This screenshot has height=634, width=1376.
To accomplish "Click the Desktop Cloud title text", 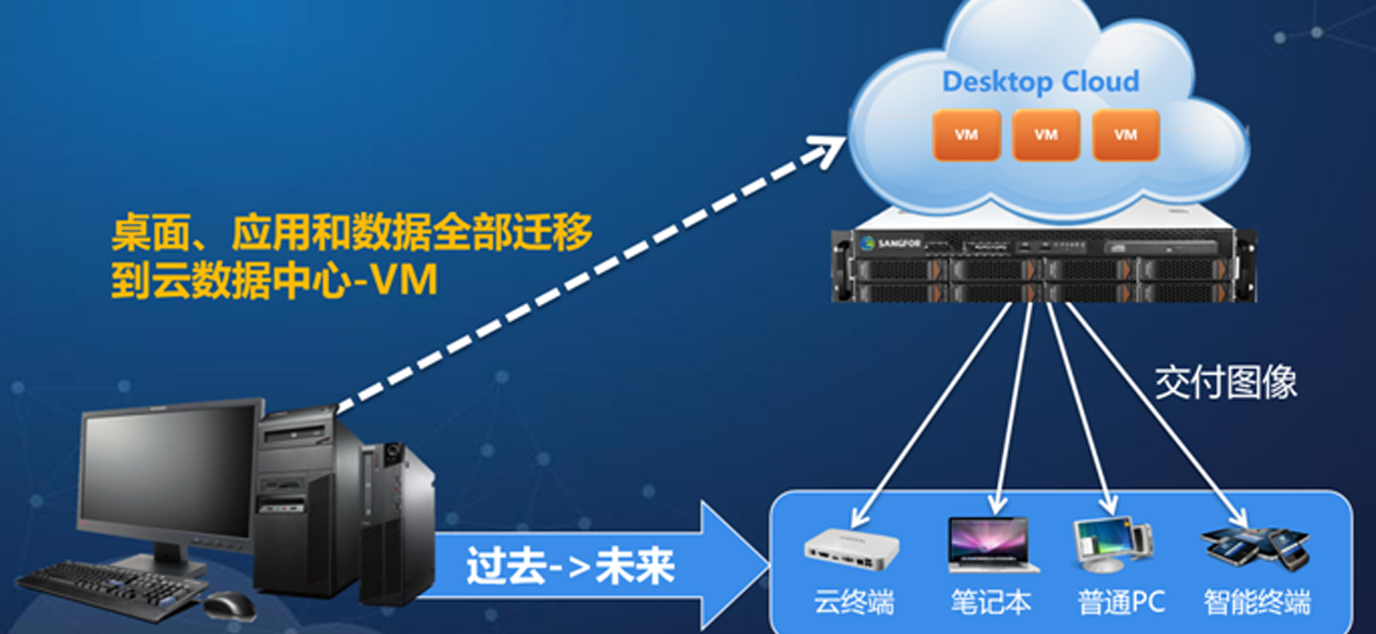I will tap(1040, 81).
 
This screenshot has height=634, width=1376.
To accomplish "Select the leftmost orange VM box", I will tap(966, 135).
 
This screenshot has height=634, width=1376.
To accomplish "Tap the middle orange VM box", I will tap(1046, 135).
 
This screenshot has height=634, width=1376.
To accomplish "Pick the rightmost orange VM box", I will tap(1125, 135).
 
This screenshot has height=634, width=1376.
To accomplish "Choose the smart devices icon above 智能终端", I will tap(1256, 546).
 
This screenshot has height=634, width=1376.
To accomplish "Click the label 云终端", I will tap(854, 603).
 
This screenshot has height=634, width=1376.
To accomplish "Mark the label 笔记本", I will tap(991, 603).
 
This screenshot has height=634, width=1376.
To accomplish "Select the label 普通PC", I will tap(1121, 603).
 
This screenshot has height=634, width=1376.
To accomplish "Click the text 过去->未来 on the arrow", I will tap(570, 567).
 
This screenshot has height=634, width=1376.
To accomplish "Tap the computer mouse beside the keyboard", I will tap(229, 605).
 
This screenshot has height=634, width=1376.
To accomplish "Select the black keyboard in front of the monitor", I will tap(110, 586).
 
